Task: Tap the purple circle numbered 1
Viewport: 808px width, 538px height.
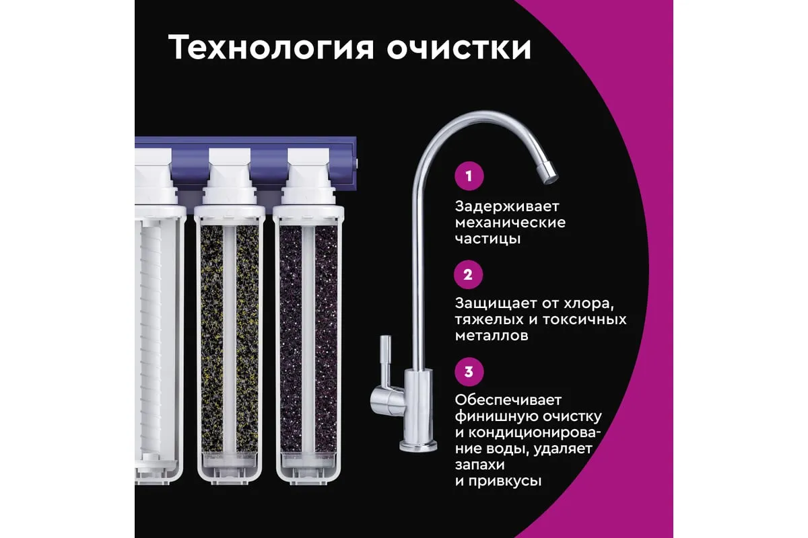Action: tap(469, 176)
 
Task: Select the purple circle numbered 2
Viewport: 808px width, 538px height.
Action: tap(468, 274)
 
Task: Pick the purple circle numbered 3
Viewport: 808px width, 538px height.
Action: tap(469, 371)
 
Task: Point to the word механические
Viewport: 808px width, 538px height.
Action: tap(510, 223)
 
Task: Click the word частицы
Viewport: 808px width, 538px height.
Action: tap(487, 239)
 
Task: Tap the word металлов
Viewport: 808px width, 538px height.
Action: tap(492, 336)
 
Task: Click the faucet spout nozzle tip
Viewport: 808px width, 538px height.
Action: tap(547, 172)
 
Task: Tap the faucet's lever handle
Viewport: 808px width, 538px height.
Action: tap(384, 371)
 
